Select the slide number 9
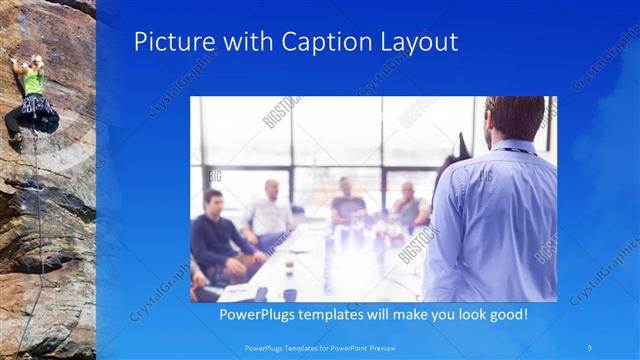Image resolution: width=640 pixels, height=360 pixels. tap(591, 347)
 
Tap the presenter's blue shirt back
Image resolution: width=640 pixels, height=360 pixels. tap(500, 220)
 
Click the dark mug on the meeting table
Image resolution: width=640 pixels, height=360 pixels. tap(290, 294)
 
